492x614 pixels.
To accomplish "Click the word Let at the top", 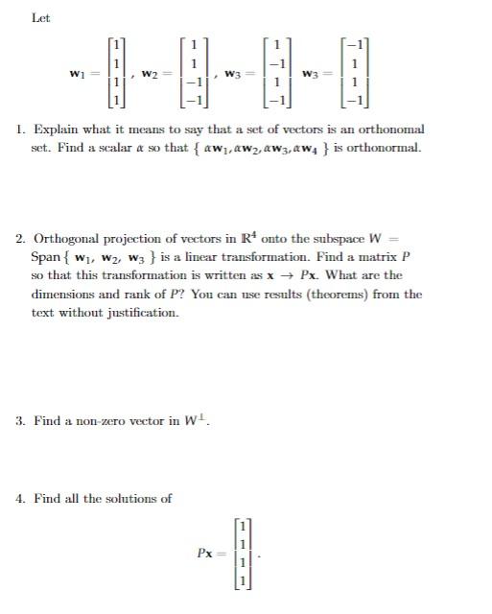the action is (x=40, y=18).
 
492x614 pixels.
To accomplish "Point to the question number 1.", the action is (x=20, y=130).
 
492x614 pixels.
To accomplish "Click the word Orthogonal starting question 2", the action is (x=69, y=239).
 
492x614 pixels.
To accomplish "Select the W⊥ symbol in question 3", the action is (x=197, y=421).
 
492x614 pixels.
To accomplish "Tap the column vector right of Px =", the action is (x=244, y=554).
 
